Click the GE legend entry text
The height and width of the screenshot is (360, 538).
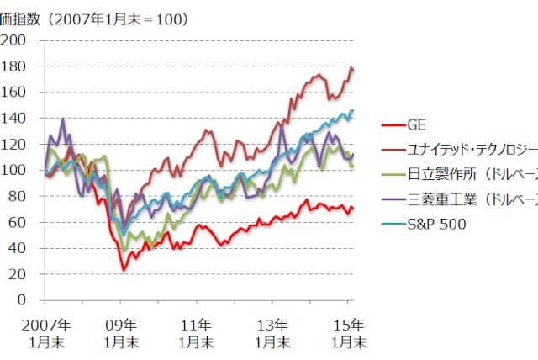[416, 125]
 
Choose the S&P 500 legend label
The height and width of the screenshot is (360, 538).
[436, 224]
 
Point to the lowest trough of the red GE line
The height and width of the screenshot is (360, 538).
[123, 270]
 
